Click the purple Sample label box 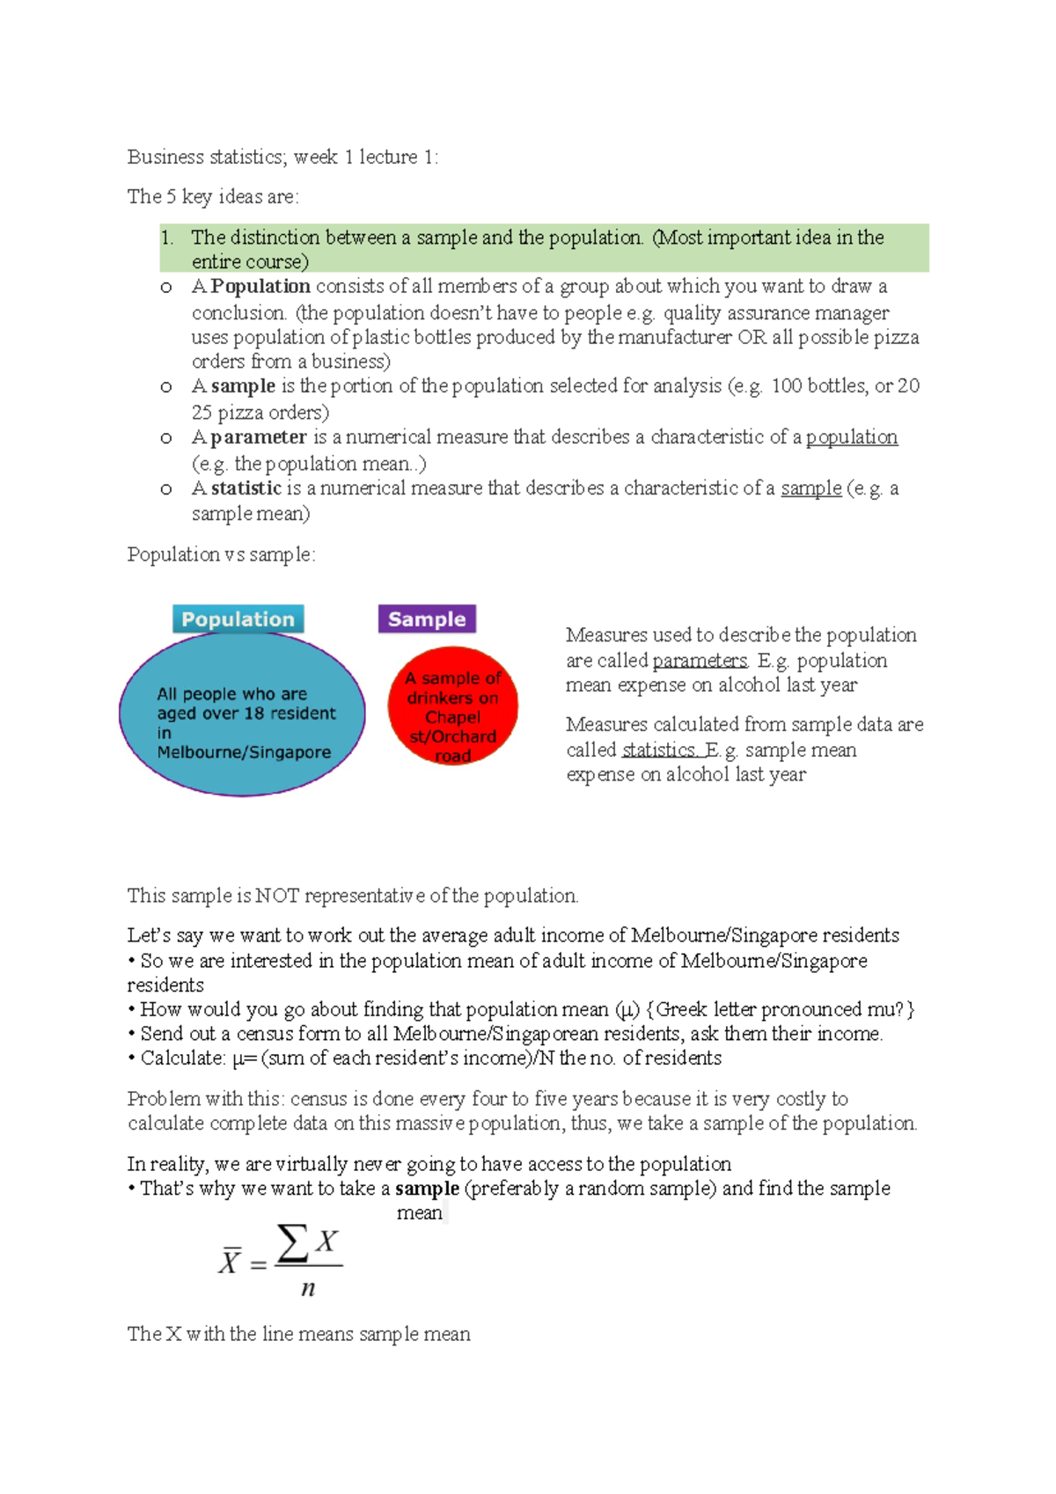pyautogui.click(x=427, y=619)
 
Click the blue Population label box pyautogui.click(x=238, y=619)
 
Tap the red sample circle pyautogui.click(x=452, y=707)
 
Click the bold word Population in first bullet pyautogui.click(x=260, y=286)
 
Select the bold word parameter pyautogui.click(x=259, y=437)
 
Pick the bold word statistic pyautogui.click(x=246, y=488)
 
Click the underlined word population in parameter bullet pyautogui.click(x=851, y=437)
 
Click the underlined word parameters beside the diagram pyautogui.click(x=700, y=661)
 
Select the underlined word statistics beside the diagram pyautogui.click(x=659, y=751)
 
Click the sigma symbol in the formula pyautogui.click(x=292, y=1243)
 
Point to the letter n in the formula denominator pyautogui.click(x=308, y=1289)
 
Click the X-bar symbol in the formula pyautogui.click(x=230, y=1262)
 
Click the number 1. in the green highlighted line pyautogui.click(x=168, y=238)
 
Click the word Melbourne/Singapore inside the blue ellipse pyautogui.click(x=244, y=752)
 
